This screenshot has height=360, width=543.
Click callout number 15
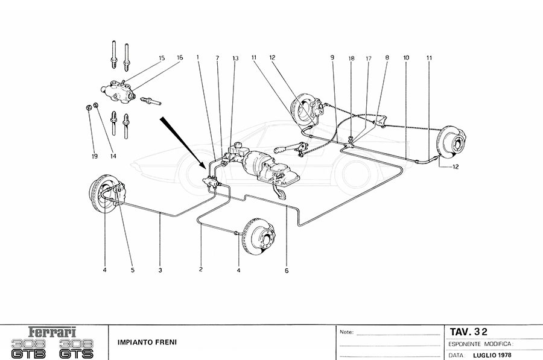[x=162, y=58]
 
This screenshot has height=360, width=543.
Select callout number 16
[x=180, y=58]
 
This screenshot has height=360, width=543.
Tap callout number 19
[x=95, y=156]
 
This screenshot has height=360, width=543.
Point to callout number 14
[x=113, y=156]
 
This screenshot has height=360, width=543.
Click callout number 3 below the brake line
[x=160, y=271]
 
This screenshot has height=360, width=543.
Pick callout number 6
[x=287, y=271]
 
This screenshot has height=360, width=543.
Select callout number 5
[x=133, y=271]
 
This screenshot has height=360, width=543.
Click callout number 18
[x=351, y=58]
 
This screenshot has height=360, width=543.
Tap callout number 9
[x=332, y=58]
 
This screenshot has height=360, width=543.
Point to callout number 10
[x=406, y=58]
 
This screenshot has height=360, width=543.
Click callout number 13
[x=235, y=58]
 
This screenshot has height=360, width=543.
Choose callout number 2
[x=201, y=271]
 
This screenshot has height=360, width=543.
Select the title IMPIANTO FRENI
[x=143, y=342]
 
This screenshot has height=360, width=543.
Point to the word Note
[x=346, y=332]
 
